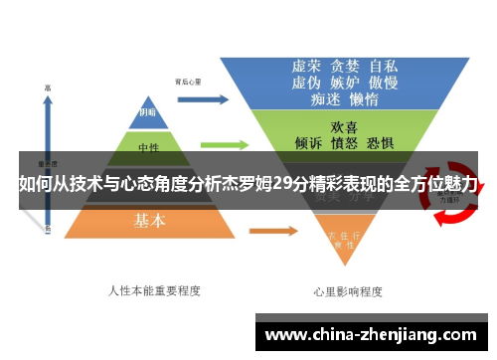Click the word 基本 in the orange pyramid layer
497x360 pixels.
[151, 221]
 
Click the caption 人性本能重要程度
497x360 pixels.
[153, 291]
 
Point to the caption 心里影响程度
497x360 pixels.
[349, 292]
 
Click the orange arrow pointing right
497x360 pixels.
[271, 232]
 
